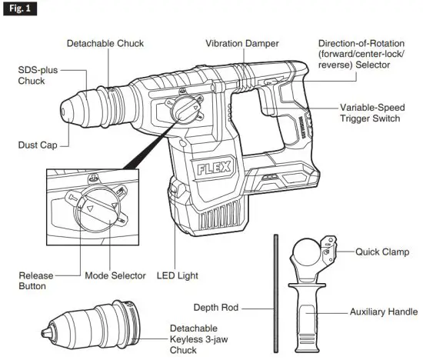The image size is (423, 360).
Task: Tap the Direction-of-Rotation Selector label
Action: [365, 55]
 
